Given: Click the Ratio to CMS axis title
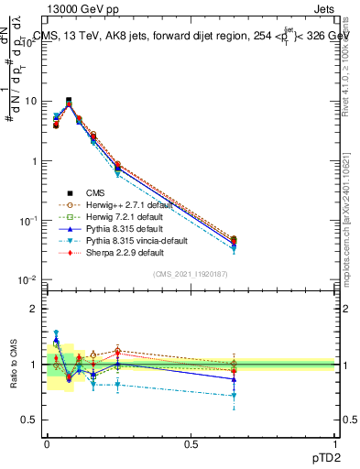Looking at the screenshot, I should (12, 366).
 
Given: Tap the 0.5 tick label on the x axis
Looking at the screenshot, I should (191, 442).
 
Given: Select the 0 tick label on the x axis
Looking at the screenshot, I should (47, 442).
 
